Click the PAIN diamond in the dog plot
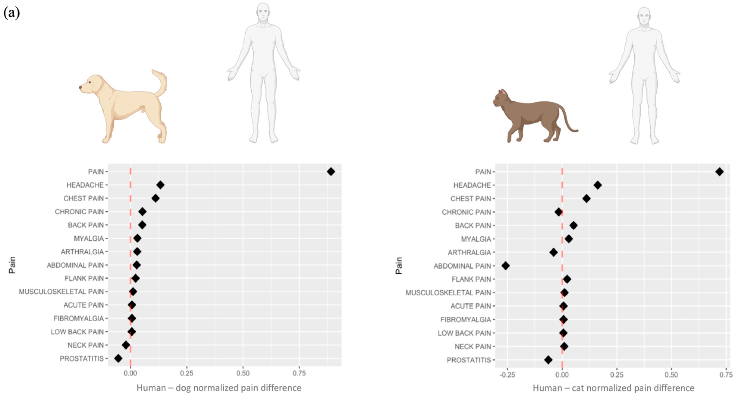331,172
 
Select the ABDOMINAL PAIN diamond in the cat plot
506,266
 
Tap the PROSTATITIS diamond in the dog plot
118,358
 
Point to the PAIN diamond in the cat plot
720,172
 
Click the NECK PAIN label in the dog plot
86,345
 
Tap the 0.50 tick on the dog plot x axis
243,373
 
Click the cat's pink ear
503,93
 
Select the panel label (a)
11,13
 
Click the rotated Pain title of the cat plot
399,266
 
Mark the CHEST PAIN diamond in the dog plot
155,198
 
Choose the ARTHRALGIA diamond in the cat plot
554,252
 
